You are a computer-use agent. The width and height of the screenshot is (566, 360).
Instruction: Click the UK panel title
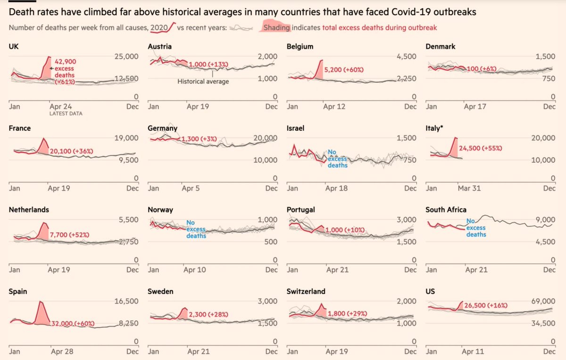pos(14,47)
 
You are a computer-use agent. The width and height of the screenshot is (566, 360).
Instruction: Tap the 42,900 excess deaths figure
pos(65,61)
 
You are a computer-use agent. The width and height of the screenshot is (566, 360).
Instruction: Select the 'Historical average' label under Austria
pos(203,82)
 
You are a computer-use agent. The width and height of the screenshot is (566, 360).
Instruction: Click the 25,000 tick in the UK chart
pos(126,57)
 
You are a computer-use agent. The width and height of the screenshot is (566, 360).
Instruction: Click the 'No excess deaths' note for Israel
pos(338,159)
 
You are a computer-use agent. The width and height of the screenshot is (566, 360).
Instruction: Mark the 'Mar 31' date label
pos(469,188)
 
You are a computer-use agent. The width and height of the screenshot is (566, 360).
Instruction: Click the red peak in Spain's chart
pos(41,301)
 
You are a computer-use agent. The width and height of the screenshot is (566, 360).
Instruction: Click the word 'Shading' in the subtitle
pos(277,28)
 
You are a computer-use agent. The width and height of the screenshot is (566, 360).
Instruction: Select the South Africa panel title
pos(445,210)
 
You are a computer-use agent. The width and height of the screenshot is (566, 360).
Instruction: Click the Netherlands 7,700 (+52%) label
pos(69,234)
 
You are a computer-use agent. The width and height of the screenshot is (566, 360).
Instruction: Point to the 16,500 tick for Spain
pos(126,301)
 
